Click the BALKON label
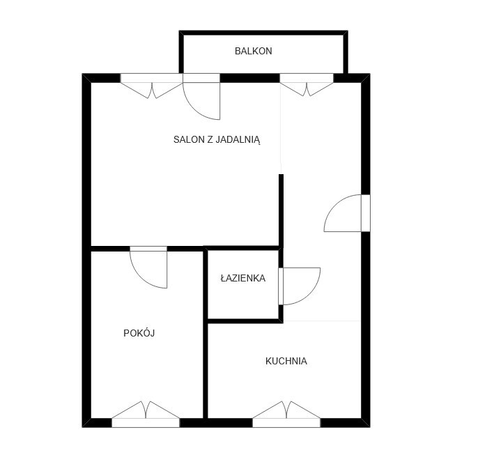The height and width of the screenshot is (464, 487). [253, 51]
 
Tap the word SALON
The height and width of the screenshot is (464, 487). [189, 140]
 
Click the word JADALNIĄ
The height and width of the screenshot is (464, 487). [238, 140]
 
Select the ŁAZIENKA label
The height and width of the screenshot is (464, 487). [243, 278]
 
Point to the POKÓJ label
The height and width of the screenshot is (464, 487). [139, 333]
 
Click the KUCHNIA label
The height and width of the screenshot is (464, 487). [286, 361]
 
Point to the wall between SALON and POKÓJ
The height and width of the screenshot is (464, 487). [147, 249]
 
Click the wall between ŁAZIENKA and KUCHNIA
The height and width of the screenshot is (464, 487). [245, 320]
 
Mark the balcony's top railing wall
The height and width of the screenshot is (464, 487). [263, 33]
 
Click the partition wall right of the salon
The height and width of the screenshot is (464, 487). [281, 211]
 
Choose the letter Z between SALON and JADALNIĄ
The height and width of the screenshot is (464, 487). [210, 140]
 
